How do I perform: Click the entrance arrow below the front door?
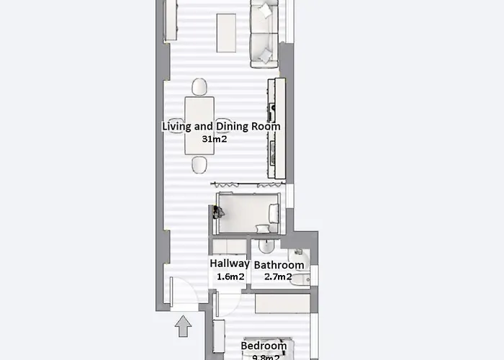[184, 328]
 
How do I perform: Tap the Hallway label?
[230, 264]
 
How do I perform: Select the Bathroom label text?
[279, 265]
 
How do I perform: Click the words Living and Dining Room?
[221, 127]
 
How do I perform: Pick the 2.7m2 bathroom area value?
[278, 277]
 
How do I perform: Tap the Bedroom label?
[264, 346]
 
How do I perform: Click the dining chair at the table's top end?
[199, 87]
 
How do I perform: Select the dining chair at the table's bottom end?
[199, 165]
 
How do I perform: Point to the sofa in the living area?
[264, 32]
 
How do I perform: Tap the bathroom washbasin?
[266, 247]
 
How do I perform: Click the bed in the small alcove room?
[248, 213]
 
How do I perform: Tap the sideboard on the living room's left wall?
[171, 20]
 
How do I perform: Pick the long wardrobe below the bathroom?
[282, 303]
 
